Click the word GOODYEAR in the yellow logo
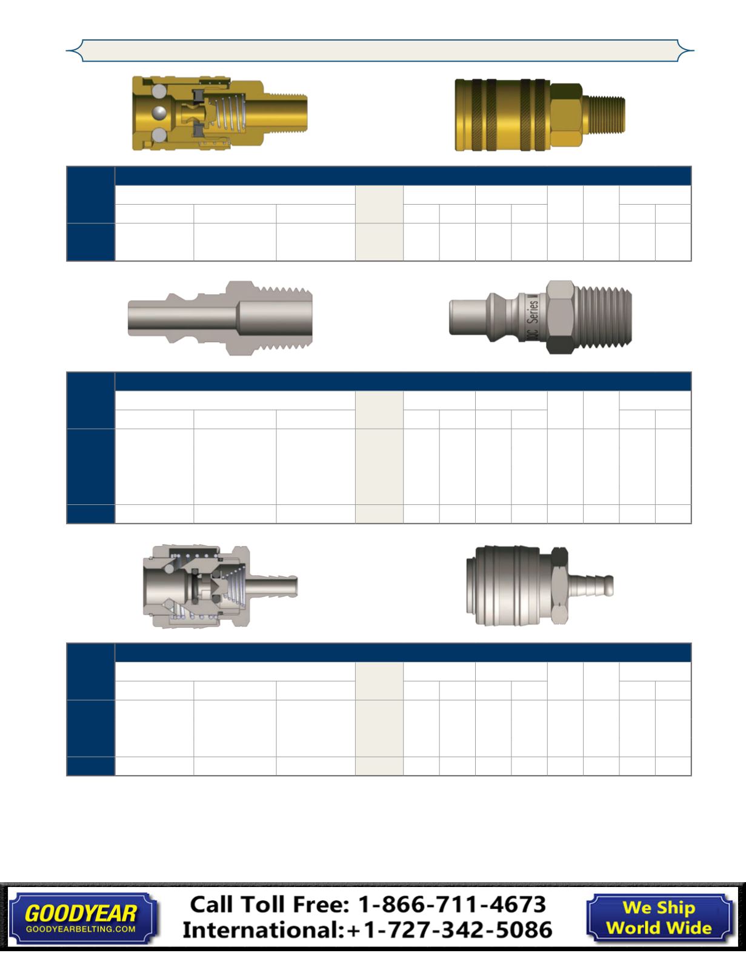click(81, 914)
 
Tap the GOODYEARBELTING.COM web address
click(81, 929)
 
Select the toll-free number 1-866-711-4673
click(452, 905)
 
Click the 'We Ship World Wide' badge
click(659, 918)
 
